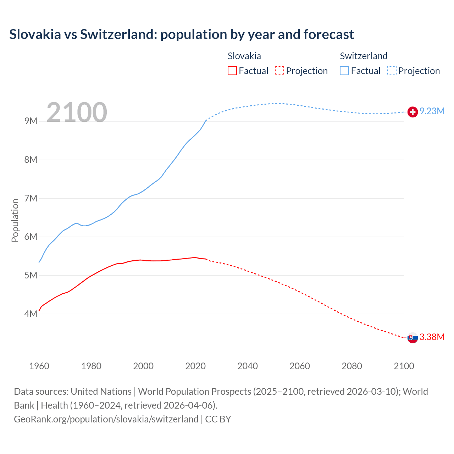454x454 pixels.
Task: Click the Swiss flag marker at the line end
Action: (412, 112)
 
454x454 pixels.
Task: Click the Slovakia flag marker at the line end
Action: (412, 338)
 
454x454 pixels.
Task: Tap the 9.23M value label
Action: (432, 111)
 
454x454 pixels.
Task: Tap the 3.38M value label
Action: (432, 337)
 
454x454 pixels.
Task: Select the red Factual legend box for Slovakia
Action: (232, 71)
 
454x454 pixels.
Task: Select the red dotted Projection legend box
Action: (279, 71)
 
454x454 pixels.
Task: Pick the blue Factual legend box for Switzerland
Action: (344, 71)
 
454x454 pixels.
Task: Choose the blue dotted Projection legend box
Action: (392, 71)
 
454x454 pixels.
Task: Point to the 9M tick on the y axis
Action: (31, 121)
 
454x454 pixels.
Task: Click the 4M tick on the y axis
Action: (31, 314)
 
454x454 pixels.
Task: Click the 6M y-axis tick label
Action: (31, 237)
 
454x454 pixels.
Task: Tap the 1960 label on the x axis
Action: (39, 366)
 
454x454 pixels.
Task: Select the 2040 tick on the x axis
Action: (248, 366)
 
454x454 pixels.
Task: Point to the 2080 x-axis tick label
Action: (352, 366)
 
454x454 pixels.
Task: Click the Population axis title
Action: (15, 220)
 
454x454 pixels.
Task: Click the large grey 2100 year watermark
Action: (77, 112)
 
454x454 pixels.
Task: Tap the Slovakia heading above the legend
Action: (244, 56)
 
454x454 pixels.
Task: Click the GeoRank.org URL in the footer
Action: (106, 419)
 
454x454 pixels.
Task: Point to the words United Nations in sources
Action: (101, 392)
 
